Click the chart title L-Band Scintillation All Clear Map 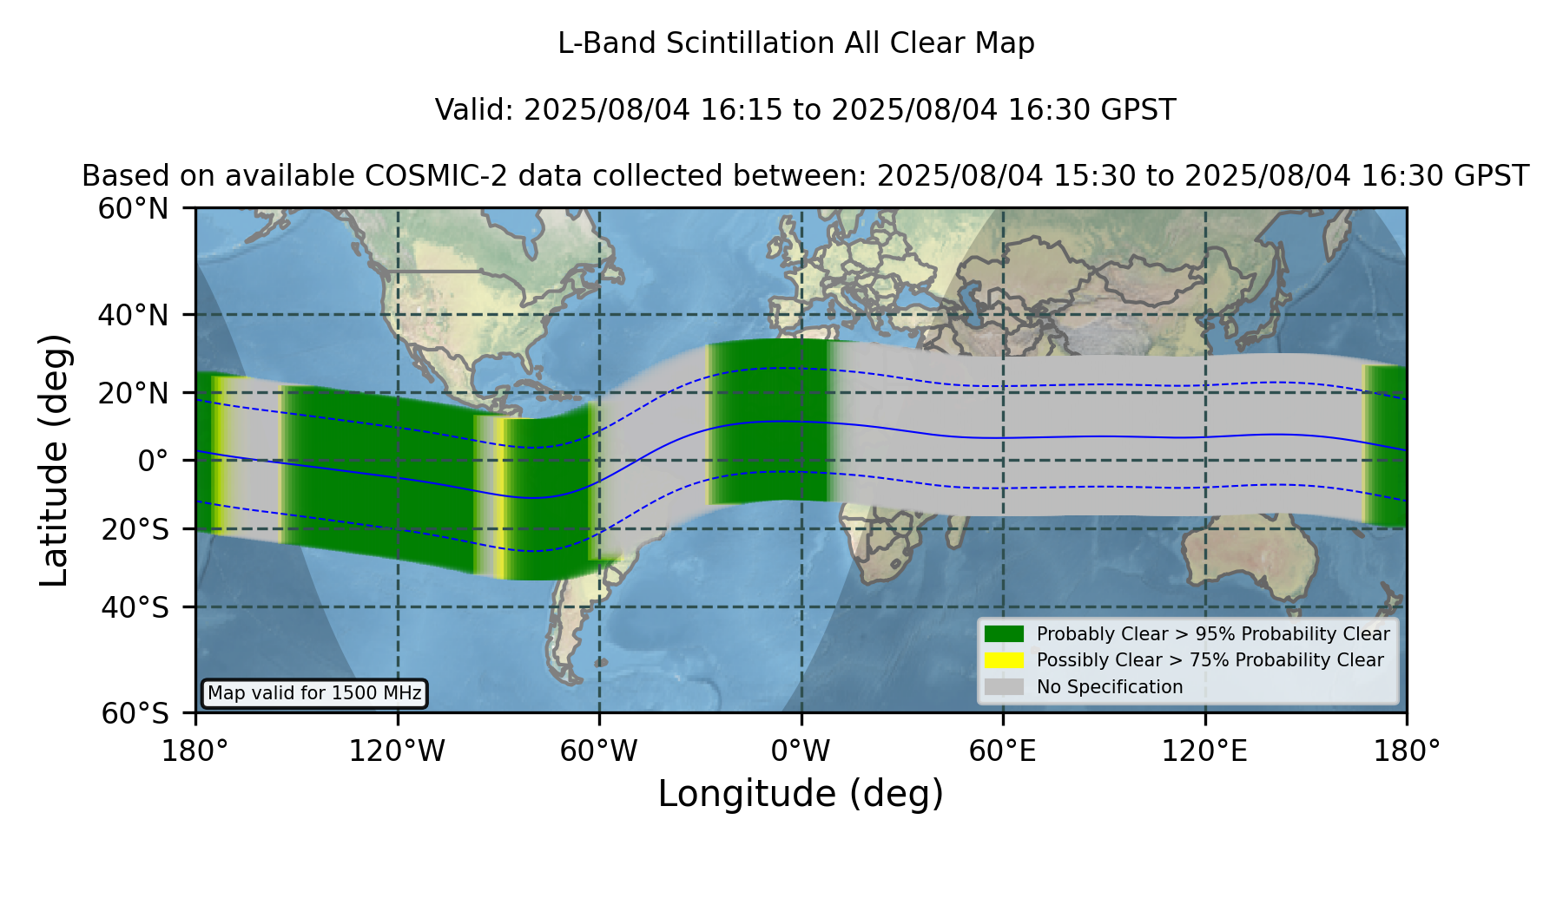[x=796, y=43]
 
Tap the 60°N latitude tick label [x=134, y=208]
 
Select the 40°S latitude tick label [x=135, y=607]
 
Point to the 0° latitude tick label [x=153, y=461]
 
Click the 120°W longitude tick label [x=397, y=750]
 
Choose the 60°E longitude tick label [x=1003, y=750]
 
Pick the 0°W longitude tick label [x=801, y=750]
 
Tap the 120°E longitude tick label [x=1204, y=750]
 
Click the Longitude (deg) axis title [x=801, y=794]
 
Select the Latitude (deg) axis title [x=54, y=460]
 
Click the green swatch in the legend [x=1005, y=633]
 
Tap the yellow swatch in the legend [x=1005, y=660]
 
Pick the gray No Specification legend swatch [x=1005, y=687]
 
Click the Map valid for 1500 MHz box [x=314, y=693]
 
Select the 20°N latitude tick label [x=134, y=393]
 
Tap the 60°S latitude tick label [x=135, y=713]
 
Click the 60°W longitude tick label [x=599, y=750]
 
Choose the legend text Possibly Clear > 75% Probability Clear [x=1210, y=660]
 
